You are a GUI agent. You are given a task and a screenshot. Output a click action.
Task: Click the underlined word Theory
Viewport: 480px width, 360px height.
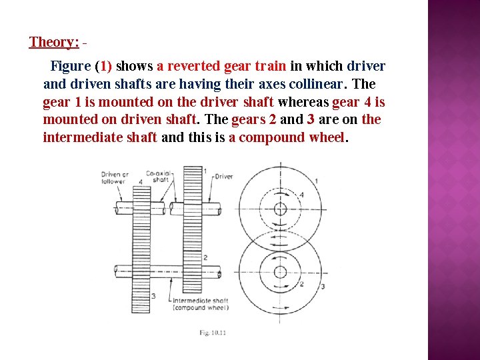pos(54,42)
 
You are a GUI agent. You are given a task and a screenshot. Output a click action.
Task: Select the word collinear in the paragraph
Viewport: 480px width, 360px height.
pos(315,85)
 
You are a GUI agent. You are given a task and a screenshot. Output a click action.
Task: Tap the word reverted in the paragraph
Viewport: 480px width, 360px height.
pos(193,67)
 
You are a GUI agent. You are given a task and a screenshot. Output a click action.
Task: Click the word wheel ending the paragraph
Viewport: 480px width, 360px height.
pos(325,138)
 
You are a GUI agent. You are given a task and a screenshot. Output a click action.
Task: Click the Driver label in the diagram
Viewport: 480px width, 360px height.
pos(224,177)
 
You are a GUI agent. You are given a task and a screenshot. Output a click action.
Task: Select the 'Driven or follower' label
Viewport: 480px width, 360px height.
pos(114,177)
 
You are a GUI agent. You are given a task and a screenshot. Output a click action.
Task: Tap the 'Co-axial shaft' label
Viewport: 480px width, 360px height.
pos(159,177)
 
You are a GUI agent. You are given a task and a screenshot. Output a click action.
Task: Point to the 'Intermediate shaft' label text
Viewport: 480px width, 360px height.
pos(200,301)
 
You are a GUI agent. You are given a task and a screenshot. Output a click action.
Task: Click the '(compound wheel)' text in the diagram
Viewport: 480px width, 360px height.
pos(200,308)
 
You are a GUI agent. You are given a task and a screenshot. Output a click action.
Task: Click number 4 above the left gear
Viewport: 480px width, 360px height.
pos(141,181)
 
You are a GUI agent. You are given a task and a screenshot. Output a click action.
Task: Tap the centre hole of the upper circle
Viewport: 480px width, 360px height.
pos(280,209)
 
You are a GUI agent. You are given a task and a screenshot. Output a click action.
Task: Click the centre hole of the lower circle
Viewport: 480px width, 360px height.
pos(280,271)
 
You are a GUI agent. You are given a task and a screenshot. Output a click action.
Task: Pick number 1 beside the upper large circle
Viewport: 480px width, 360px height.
pos(315,180)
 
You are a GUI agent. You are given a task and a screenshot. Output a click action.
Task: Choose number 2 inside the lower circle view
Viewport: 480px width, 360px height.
pos(301,284)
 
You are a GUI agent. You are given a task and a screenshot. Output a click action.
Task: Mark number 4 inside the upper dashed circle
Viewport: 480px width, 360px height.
pos(301,194)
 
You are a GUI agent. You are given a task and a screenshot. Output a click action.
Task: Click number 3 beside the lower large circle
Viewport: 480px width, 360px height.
pos(323,287)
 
